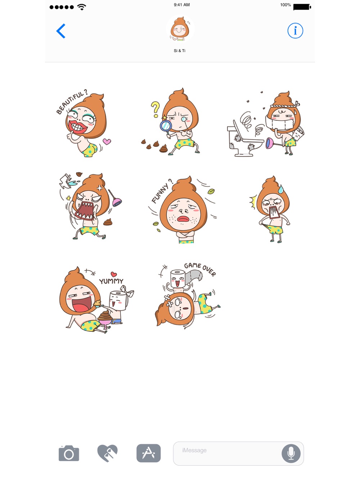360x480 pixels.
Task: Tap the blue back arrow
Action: click(61, 31)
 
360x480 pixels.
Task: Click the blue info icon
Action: click(295, 31)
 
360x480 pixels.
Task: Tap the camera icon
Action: click(69, 453)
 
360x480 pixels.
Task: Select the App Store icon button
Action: click(149, 453)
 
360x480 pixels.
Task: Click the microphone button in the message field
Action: click(291, 453)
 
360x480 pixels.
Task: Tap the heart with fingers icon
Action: click(107, 453)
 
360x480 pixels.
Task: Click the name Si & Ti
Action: click(179, 51)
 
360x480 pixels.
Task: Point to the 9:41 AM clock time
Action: click(181, 5)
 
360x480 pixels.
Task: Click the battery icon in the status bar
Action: click(302, 7)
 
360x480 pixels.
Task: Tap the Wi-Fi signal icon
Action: click(82, 7)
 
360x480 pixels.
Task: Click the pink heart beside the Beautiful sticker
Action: click(107, 141)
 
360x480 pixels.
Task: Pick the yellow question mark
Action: click(156, 109)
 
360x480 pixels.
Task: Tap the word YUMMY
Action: click(111, 281)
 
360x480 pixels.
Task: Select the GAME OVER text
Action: click(200, 269)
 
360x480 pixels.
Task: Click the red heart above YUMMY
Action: click(114, 274)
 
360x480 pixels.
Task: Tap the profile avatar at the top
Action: click(180, 29)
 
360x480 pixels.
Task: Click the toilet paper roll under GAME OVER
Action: click(177, 279)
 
